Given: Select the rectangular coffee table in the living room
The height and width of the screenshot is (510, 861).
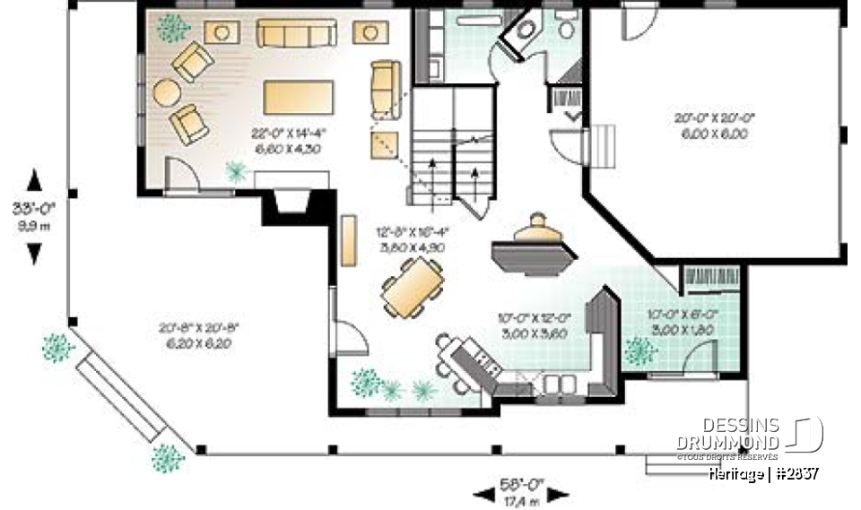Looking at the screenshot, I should click(x=299, y=95).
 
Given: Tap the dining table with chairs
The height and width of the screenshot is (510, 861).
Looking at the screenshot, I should click(x=413, y=288).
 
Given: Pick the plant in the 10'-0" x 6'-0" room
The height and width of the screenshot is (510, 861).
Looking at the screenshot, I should click(x=640, y=350).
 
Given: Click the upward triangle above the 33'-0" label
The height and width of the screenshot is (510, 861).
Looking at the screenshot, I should click(x=34, y=181).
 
